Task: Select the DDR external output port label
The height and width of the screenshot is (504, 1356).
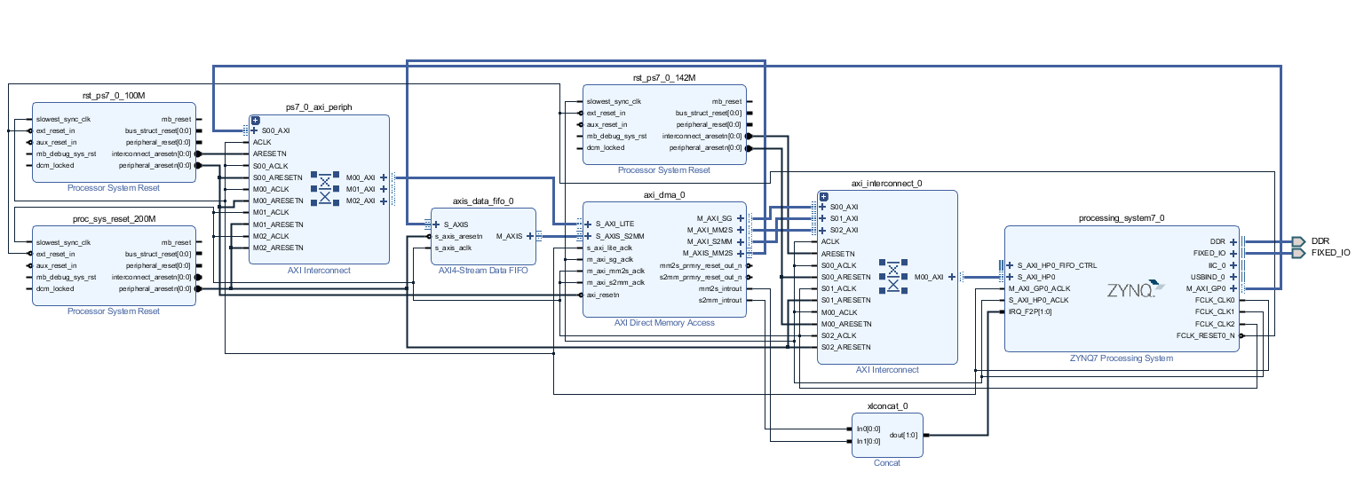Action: (1320, 241)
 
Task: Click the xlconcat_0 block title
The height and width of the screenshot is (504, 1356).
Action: (886, 406)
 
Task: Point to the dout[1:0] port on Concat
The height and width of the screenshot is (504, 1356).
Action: (903, 435)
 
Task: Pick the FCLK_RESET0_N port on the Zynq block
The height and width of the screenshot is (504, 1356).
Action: (1204, 335)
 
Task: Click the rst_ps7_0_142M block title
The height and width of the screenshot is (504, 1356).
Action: (663, 78)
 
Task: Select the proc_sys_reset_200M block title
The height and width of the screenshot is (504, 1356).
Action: (114, 218)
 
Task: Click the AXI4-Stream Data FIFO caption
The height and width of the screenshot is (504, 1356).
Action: (482, 270)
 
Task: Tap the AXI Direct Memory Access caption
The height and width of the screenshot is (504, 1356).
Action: (663, 323)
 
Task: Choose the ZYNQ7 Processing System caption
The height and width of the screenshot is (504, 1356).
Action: (1121, 358)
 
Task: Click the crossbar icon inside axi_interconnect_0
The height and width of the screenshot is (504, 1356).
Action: (891, 276)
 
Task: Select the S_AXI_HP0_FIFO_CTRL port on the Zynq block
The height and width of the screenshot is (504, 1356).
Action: (1056, 265)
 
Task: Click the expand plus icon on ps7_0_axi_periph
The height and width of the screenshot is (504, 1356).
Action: (255, 120)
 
